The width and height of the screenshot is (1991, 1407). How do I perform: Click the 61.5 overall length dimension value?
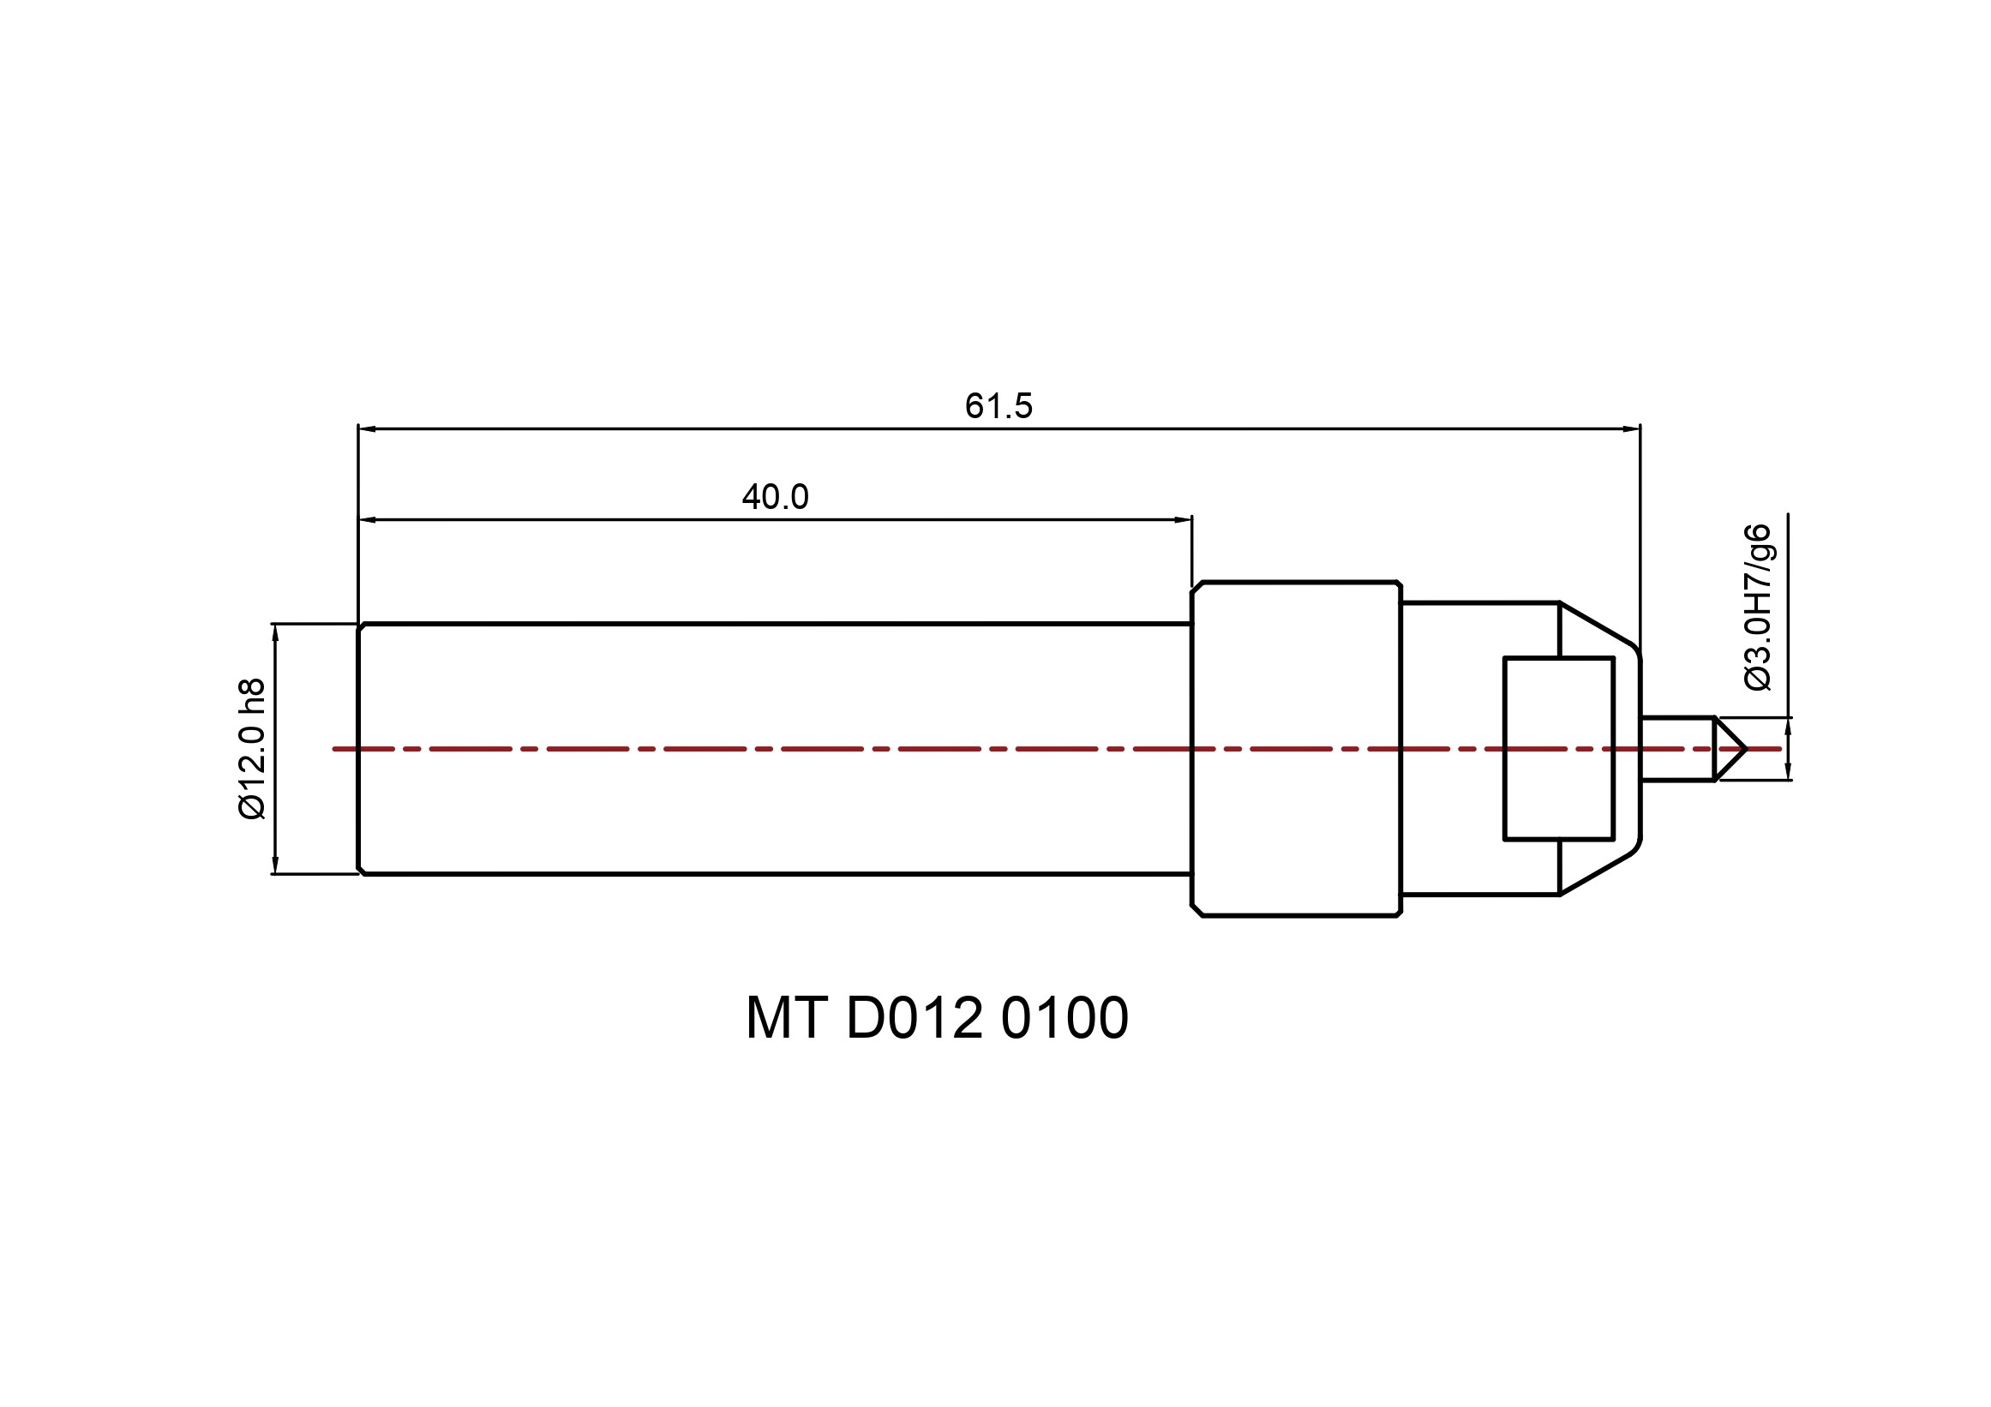pos(999,405)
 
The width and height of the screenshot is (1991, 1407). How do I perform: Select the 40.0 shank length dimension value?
pos(776,497)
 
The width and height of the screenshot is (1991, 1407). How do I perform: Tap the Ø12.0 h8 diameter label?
pos(251,748)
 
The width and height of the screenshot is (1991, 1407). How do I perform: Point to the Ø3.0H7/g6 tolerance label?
pos(1758,607)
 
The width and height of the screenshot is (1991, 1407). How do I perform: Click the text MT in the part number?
pos(786,1018)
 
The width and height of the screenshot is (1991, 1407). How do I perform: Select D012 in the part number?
pos(915,1018)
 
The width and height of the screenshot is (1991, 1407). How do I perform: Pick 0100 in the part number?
pos(1064,1018)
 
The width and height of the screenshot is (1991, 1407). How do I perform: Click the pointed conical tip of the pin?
pos(1746,748)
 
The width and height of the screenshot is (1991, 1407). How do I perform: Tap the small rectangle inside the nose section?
pos(1558,748)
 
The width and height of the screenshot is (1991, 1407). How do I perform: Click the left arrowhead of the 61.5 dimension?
pos(367,428)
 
